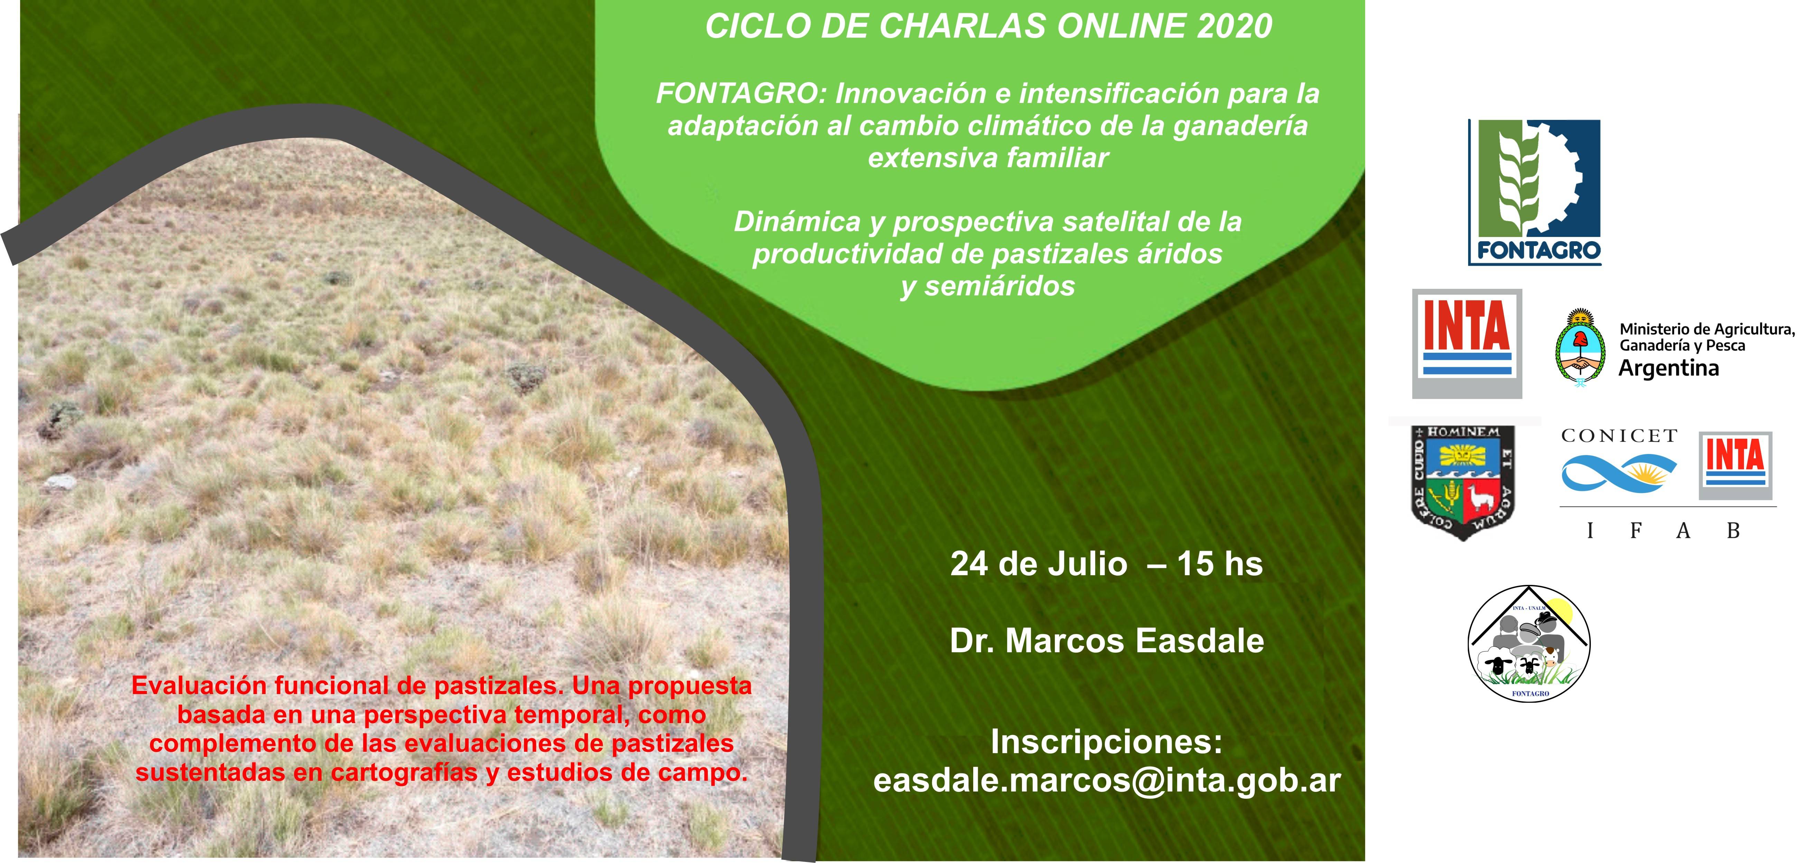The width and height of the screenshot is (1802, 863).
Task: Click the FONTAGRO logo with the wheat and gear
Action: pyautogui.click(x=1534, y=192)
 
